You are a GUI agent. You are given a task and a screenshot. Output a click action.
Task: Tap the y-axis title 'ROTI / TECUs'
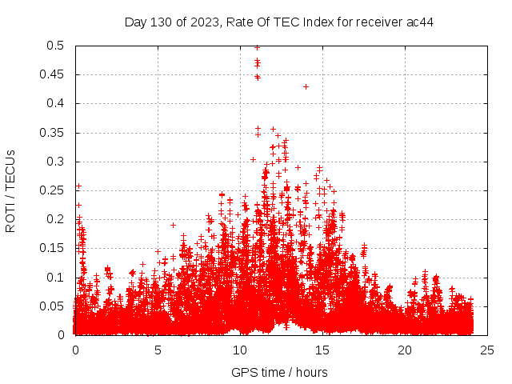coord(10,190)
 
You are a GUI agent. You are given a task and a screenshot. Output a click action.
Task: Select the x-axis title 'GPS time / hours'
coord(279,372)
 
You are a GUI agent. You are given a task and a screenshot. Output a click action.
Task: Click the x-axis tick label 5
coord(158,350)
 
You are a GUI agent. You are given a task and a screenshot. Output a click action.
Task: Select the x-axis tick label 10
coord(240,350)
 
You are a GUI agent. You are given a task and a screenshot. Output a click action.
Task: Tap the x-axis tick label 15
coord(322,350)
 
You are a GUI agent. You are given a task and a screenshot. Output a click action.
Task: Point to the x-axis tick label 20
coord(405,350)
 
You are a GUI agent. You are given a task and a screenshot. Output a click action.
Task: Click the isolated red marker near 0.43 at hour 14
coord(306,86)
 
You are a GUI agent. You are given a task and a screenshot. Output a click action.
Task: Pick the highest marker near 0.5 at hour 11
coord(257,46)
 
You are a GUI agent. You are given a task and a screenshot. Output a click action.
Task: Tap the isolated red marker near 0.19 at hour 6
coord(173,225)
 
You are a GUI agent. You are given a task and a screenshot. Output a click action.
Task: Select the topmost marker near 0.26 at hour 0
coord(78,186)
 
